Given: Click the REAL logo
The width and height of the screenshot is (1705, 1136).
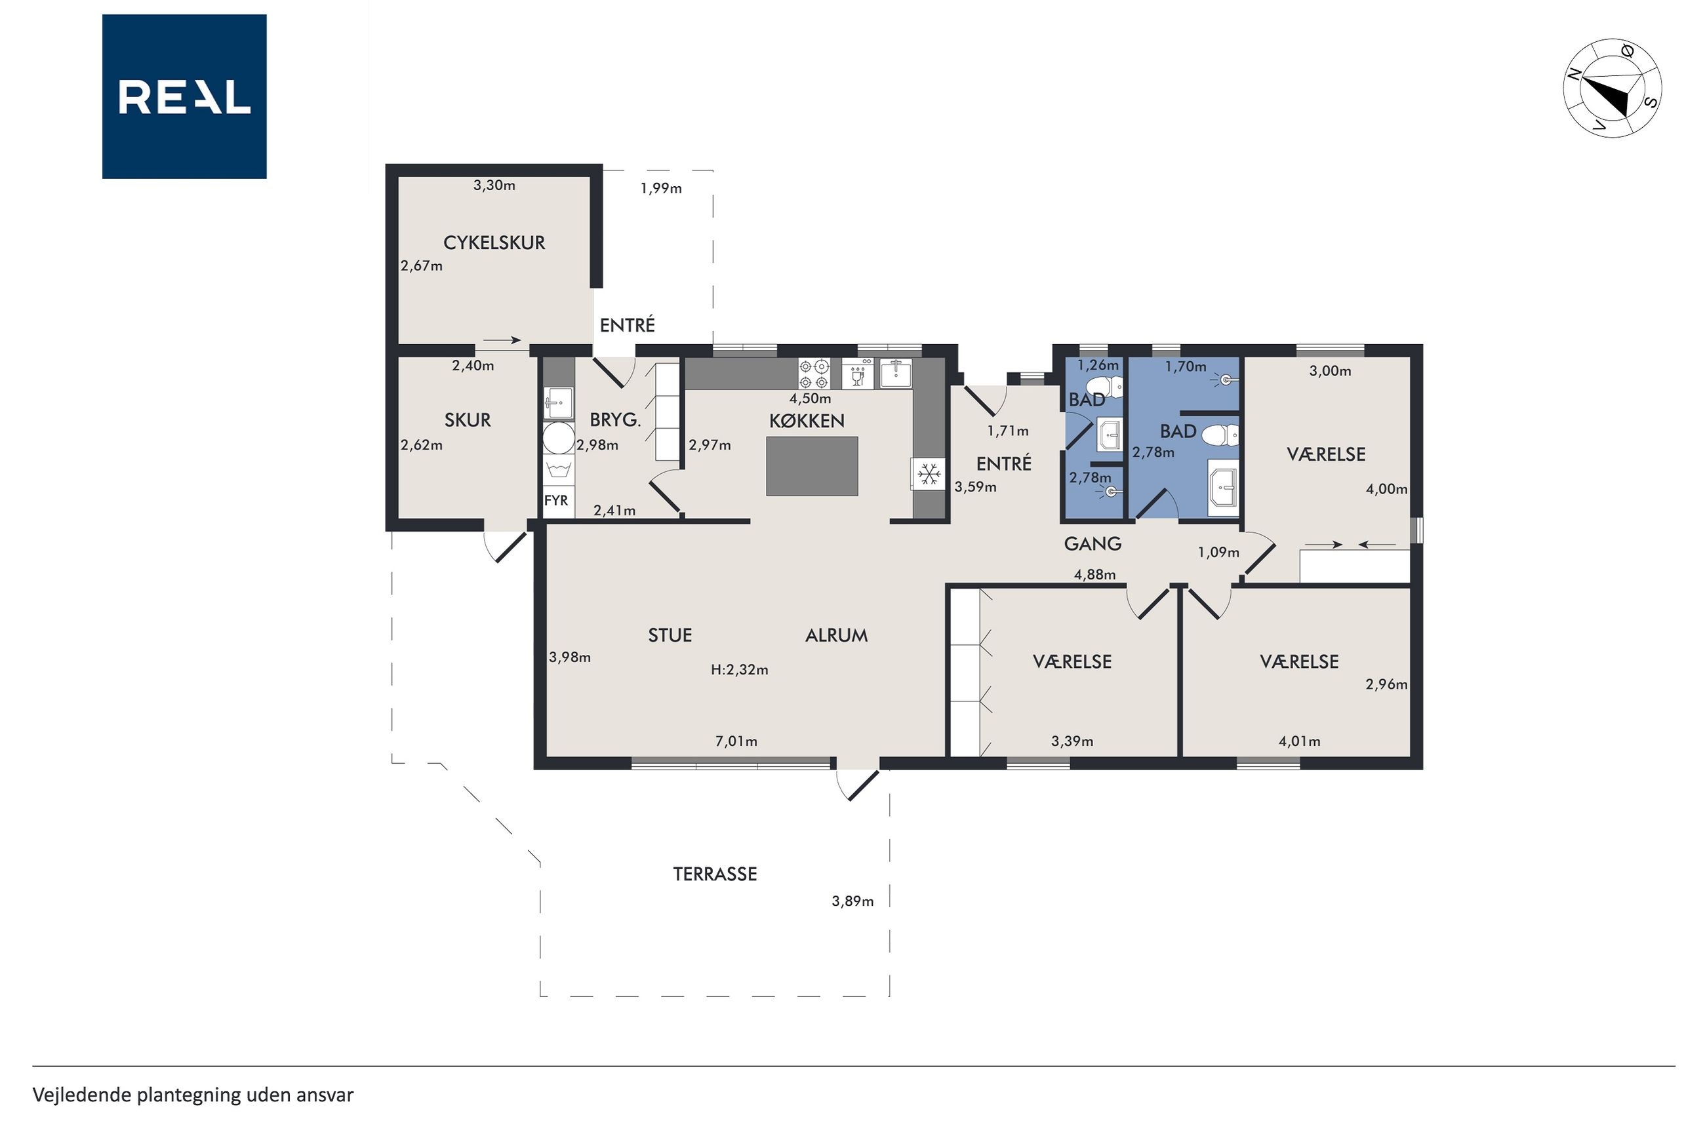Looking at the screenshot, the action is pos(184,96).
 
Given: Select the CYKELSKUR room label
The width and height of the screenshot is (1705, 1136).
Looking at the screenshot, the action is pos(494,243).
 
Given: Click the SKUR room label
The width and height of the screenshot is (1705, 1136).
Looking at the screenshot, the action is pos(468,420).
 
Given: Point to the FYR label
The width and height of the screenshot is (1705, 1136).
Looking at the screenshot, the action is pos(556,501).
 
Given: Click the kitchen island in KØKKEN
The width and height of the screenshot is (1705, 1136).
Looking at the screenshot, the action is pos(812,466).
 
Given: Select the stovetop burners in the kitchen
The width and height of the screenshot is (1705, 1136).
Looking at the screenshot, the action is pos(814,374).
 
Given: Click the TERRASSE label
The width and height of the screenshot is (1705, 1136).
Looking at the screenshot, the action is pos(715,874).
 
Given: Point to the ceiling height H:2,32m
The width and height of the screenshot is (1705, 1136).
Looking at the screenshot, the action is pos(739,670).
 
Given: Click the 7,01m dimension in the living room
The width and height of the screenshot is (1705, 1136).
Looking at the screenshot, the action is pos(736,741).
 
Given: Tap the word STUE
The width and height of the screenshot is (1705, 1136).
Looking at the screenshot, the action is pos(670,635).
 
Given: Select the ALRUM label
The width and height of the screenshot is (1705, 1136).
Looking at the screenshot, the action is pos(836,635).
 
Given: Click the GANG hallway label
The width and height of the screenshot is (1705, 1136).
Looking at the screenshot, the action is pos(1093,543).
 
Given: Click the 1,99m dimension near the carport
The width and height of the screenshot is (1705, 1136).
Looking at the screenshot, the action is pos(661,188).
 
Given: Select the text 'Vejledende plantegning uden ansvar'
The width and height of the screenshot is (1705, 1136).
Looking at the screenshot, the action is pos(193,1095).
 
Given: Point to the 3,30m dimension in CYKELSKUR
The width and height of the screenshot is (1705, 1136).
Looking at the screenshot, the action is pos(494,186).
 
